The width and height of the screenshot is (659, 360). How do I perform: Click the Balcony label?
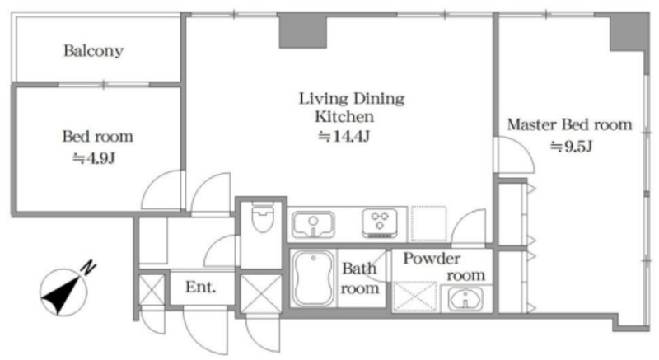pyautogui.click(x=93, y=51)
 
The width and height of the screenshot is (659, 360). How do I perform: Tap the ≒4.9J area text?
pyautogui.click(x=94, y=158)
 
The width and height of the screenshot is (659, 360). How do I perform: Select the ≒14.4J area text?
pyautogui.click(x=344, y=136)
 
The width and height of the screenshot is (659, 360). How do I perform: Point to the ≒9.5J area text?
pyautogui.click(x=571, y=146)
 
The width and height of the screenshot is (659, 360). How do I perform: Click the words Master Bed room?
pyautogui.click(x=569, y=124)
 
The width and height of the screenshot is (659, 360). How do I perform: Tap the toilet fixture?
pyautogui.click(x=263, y=217)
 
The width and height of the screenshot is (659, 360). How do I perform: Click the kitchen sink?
pyautogui.click(x=313, y=224)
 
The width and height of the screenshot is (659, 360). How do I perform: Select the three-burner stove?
pyautogui.click(x=380, y=223)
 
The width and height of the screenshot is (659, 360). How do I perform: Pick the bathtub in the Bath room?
pyautogui.click(x=314, y=278)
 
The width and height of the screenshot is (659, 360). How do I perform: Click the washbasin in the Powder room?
pyautogui.click(x=465, y=299)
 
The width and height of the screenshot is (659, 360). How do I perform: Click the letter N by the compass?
pyautogui.click(x=89, y=268)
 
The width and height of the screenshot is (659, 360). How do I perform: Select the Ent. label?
pyautogui.click(x=200, y=288)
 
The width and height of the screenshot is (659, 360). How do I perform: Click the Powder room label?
pyautogui.click(x=444, y=267)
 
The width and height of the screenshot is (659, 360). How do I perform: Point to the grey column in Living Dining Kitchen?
pyautogui.click(x=303, y=30)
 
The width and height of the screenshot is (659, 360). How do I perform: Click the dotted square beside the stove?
pyautogui.click(x=428, y=223)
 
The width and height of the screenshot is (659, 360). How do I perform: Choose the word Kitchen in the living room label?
pyautogui.click(x=344, y=116)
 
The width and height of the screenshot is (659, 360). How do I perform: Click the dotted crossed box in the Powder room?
pyautogui.click(x=415, y=297)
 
